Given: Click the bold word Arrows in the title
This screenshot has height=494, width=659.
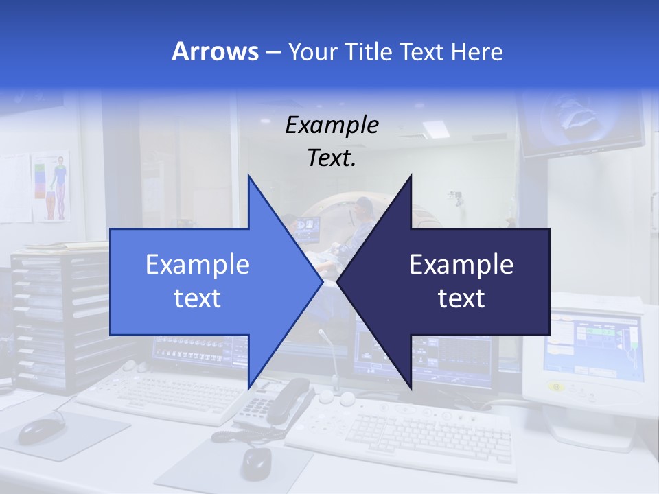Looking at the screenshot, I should click(x=216, y=51).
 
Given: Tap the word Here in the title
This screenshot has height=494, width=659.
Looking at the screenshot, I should click(x=477, y=51).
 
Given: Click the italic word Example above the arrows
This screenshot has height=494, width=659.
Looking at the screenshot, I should click(x=332, y=126).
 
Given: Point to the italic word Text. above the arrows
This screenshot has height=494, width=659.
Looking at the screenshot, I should click(x=332, y=158).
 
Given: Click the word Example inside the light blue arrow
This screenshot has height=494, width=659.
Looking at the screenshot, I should click(x=197, y=265).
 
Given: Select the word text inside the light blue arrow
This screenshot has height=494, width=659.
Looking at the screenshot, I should click(x=197, y=298).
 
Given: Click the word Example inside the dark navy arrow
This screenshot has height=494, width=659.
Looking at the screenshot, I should click(x=461, y=265).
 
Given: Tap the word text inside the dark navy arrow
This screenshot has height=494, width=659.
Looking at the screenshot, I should click(x=461, y=298).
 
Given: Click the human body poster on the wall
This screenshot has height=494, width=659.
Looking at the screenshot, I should click(x=51, y=186).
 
